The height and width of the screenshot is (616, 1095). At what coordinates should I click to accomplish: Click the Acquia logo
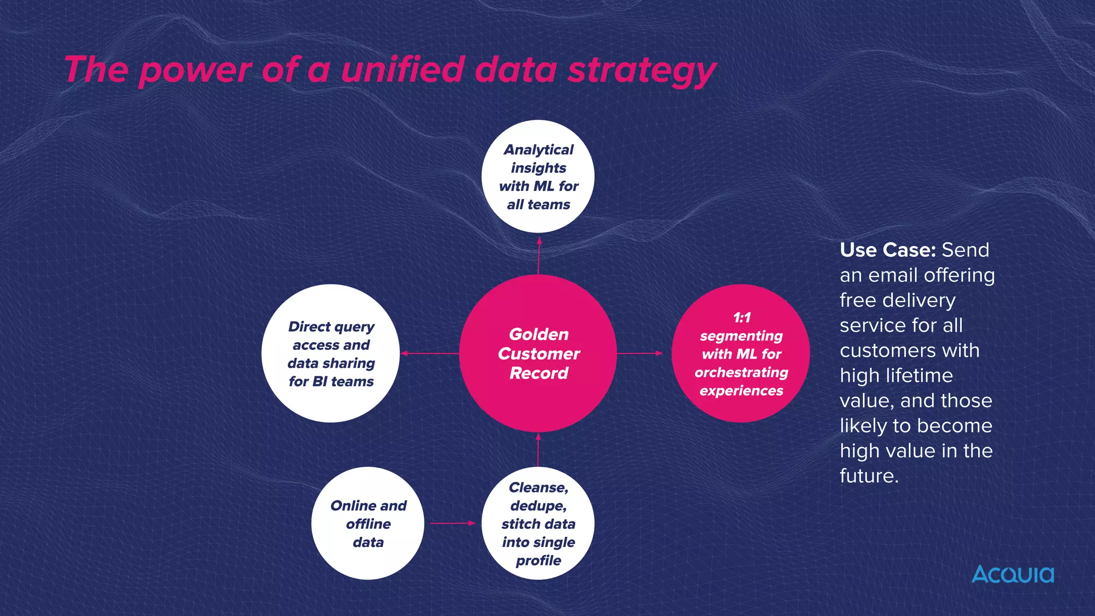[1012, 575]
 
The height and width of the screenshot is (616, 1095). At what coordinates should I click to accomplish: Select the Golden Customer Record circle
[538, 353]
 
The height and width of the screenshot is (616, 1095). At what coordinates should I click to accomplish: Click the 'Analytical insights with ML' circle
[538, 176]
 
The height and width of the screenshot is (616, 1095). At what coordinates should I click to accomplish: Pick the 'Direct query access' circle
[330, 353]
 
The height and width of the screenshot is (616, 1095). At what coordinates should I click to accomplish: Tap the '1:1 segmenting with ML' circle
[741, 353]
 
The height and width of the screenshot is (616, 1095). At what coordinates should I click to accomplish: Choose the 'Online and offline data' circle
[368, 523]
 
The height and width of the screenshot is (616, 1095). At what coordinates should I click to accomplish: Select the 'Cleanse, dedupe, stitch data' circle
[538, 523]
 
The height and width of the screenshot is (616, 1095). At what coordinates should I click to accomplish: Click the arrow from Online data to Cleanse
[452, 523]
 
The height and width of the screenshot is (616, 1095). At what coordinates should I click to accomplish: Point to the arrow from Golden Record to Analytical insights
[538, 256]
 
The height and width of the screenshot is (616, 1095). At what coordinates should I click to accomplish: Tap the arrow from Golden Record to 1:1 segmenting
[639, 353]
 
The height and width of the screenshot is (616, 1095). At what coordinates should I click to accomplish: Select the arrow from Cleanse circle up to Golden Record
[538, 450]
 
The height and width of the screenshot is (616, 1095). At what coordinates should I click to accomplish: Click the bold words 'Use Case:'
[887, 250]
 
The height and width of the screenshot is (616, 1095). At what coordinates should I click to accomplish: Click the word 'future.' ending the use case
[869, 476]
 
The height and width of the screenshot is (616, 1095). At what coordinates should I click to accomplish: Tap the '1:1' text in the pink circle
[742, 318]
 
